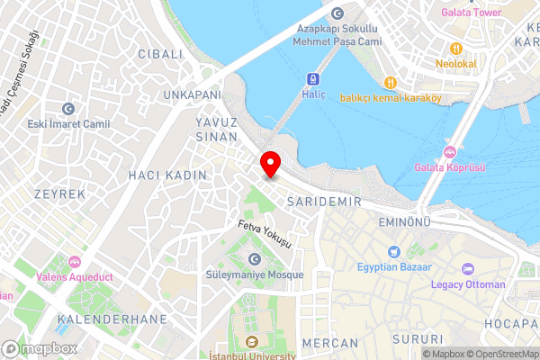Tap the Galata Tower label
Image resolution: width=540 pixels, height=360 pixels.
pyautogui.click(x=470, y=13)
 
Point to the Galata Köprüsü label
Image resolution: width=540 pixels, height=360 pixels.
pyautogui.click(x=450, y=167)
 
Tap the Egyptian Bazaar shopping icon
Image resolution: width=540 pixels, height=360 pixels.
pyautogui.click(x=393, y=251)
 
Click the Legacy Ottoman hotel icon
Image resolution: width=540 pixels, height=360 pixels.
pyautogui.click(x=467, y=268)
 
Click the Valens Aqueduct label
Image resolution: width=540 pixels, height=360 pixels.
pyautogui.click(x=74, y=277)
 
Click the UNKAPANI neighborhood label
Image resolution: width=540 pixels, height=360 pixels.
pyautogui.click(x=192, y=94)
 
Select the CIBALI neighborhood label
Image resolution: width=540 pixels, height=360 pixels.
pyautogui.click(x=160, y=54)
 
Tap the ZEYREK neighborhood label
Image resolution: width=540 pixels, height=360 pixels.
pyautogui.click(x=59, y=193)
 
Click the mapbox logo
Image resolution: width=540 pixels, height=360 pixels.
pyautogui.click(x=40, y=348)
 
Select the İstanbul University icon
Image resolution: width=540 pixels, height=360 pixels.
pyautogui.click(x=251, y=342)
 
